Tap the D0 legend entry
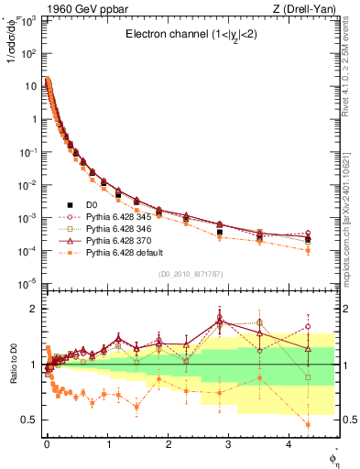[92, 204]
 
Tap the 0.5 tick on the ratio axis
[29, 420]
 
